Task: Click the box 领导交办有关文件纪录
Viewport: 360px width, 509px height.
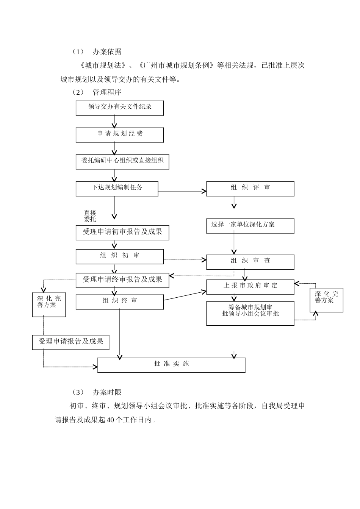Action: coord(120,108)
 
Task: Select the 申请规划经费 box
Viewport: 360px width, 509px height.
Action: coord(120,135)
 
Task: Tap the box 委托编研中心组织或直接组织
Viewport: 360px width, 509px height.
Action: coord(122,161)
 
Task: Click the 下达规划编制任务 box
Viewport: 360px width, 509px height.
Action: coord(117,189)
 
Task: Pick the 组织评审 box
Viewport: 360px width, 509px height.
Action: coord(250,189)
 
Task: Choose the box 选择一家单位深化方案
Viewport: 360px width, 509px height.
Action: coord(250,226)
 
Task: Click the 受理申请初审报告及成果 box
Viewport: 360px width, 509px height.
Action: coord(122,233)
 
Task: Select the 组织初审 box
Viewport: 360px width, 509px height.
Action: coord(120,256)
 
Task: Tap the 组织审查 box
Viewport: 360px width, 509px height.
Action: coord(250,262)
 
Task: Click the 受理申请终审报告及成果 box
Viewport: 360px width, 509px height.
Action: coord(122,280)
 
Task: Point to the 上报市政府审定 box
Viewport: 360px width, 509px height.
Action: coord(250,287)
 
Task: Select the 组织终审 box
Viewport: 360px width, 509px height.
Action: coord(120,302)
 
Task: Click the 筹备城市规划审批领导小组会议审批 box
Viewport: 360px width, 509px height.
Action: coord(250,313)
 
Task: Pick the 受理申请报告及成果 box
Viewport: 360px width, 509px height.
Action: coord(71,342)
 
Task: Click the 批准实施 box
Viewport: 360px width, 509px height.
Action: coord(171,365)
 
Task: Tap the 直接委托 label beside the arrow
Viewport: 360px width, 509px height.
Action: coord(90,216)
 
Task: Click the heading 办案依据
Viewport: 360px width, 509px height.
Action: coord(107,52)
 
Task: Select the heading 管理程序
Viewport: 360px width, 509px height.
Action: coord(107,92)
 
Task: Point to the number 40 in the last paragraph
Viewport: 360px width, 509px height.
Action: coord(111,420)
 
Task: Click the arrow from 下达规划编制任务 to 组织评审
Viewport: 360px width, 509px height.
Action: coord(182,191)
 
